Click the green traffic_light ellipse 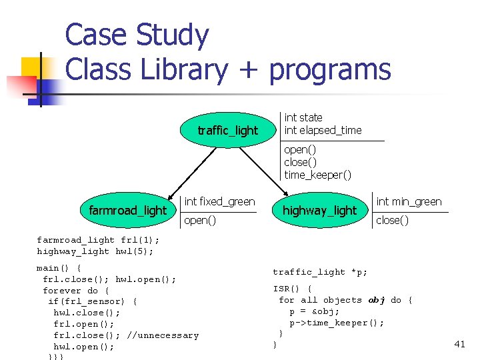click(x=227, y=130)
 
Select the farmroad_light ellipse click(x=127, y=211)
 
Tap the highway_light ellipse click(x=320, y=211)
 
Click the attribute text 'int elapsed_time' click(x=323, y=130)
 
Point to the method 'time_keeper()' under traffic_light click(x=317, y=175)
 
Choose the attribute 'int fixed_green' click(x=219, y=201)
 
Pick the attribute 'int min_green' click(x=409, y=201)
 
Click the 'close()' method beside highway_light click(x=393, y=220)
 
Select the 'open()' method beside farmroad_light click(x=199, y=220)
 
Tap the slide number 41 click(x=459, y=344)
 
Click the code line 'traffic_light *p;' click(x=319, y=272)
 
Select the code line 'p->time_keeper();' click(x=337, y=323)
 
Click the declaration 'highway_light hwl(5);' click(x=95, y=251)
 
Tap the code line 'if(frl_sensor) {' click(x=93, y=301)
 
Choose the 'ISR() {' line click(x=292, y=289)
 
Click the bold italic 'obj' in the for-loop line click(x=377, y=300)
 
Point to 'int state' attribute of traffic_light click(x=303, y=117)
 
